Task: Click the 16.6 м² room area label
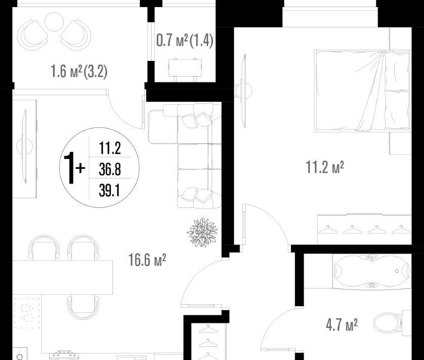(x=147, y=260)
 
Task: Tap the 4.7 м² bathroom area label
(x=342, y=325)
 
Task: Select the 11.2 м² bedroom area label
(x=325, y=167)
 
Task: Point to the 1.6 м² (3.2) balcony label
(x=79, y=71)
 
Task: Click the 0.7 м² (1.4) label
(x=185, y=41)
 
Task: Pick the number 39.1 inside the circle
(x=109, y=191)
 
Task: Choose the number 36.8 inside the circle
(x=110, y=169)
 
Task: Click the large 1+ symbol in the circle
(x=74, y=168)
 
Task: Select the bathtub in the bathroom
(x=372, y=271)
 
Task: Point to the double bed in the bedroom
(x=362, y=91)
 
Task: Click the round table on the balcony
(x=54, y=22)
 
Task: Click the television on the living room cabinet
(x=25, y=147)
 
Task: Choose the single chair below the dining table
(x=83, y=307)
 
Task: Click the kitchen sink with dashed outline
(x=27, y=313)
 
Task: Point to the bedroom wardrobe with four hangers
(x=364, y=229)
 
